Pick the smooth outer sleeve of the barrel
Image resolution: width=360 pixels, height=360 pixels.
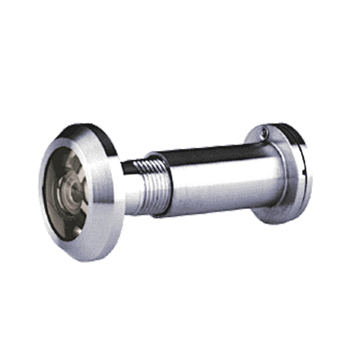tap(216, 180)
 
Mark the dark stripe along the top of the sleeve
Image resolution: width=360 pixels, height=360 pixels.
tap(209, 153)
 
